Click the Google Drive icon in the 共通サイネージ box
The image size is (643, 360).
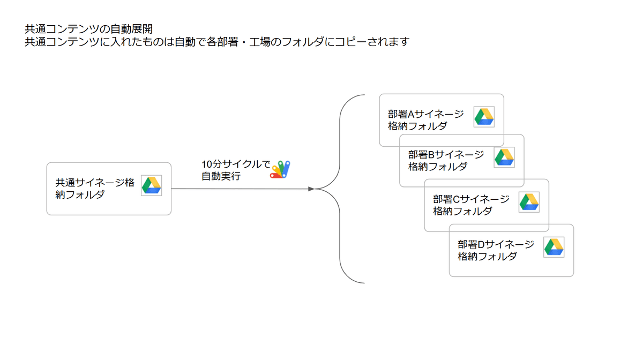pos(151,185)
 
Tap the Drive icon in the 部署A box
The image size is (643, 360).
pos(484,117)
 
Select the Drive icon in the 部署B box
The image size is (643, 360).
pos(504,157)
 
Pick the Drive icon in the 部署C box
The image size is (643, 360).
pos(529,202)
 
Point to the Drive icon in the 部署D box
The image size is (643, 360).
pos(554,247)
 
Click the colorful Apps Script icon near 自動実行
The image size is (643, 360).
pos(281,169)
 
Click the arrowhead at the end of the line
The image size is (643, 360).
pos(311,189)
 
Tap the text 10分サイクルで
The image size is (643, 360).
pos(236,164)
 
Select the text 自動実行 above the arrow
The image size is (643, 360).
pos(221,176)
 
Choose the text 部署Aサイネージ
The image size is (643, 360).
pos(425,114)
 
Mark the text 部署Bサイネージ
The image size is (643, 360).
pos(446,155)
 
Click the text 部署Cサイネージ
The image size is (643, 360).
pos(471,199)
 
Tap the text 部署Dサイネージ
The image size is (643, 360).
pos(496,244)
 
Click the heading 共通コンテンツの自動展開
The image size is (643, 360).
pos(88,28)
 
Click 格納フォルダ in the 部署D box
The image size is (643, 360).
pos(487,257)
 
